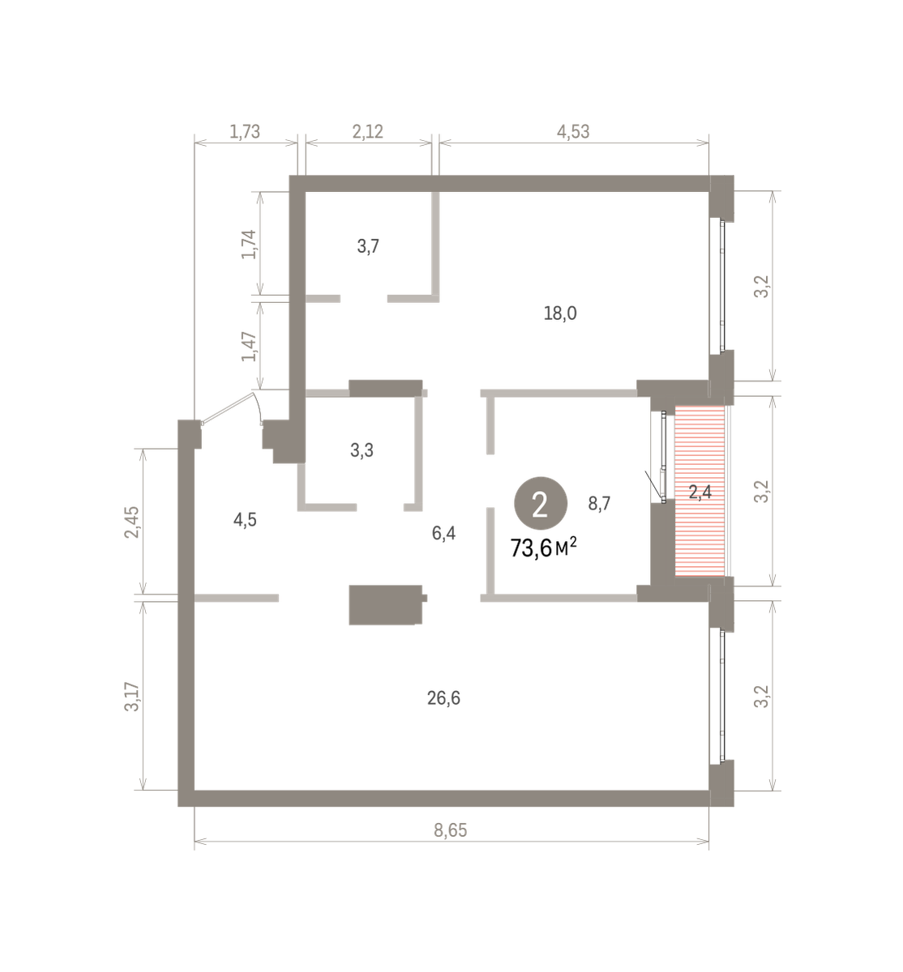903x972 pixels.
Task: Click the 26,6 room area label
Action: pos(443,698)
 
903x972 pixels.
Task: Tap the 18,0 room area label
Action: pos(560,313)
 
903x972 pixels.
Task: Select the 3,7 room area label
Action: pos(368,247)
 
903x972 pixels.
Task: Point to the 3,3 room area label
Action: pos(362,450)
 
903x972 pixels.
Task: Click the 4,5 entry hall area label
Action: pos(245,520)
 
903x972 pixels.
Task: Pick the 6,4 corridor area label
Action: pos(444,533)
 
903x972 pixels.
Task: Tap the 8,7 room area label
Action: pos(599,503)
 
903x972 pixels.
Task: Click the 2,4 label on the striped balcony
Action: pos(700,492)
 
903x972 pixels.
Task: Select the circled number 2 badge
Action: pos(541,503)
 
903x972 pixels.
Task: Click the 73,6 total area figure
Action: pos(532,548)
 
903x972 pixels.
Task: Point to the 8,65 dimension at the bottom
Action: pos(451,830)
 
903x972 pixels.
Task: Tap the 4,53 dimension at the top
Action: pos(573,132)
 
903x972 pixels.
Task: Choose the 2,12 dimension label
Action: pos(368,132)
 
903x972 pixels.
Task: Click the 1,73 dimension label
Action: pos(245,132)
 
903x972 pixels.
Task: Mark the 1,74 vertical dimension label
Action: pos(249,245)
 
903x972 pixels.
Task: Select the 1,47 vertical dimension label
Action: pos(249,347)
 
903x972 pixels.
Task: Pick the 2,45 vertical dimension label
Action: pos(132,522)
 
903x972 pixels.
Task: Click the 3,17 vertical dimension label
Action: pos(132,697)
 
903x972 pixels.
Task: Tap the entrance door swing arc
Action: pos(259,406)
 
